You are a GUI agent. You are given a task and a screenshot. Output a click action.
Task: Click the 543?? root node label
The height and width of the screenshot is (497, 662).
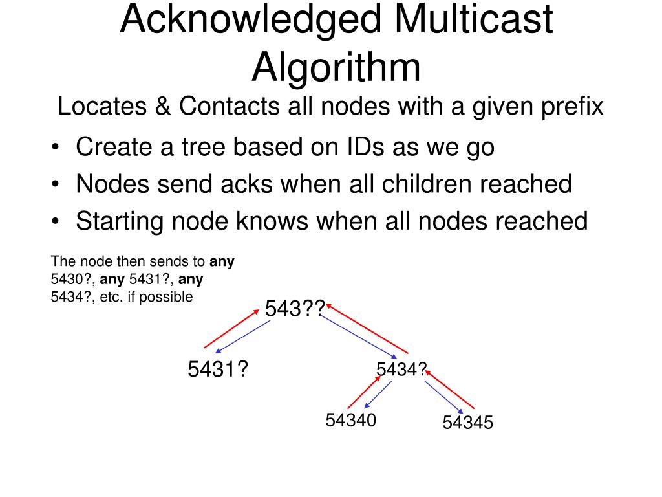(295, 309)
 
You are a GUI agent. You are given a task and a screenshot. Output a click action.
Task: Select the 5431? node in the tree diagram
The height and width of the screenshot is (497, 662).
(219, 370)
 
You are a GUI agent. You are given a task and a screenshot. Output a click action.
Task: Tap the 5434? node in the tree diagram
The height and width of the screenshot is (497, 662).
(401, 370)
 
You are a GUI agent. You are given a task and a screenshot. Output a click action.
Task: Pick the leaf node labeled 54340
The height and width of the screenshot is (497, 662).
(350, 421)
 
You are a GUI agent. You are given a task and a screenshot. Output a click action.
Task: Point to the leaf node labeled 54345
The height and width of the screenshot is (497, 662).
(468, 423)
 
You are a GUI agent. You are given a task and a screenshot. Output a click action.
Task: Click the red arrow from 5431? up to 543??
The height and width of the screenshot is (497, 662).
(231, 329)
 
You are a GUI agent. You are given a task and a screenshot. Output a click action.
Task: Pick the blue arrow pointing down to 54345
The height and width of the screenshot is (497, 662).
(444, 397)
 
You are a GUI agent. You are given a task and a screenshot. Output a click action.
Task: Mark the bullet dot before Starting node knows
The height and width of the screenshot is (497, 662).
(58, 222)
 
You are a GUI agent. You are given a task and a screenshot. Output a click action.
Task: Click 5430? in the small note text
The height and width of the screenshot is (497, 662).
(72, 280)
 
